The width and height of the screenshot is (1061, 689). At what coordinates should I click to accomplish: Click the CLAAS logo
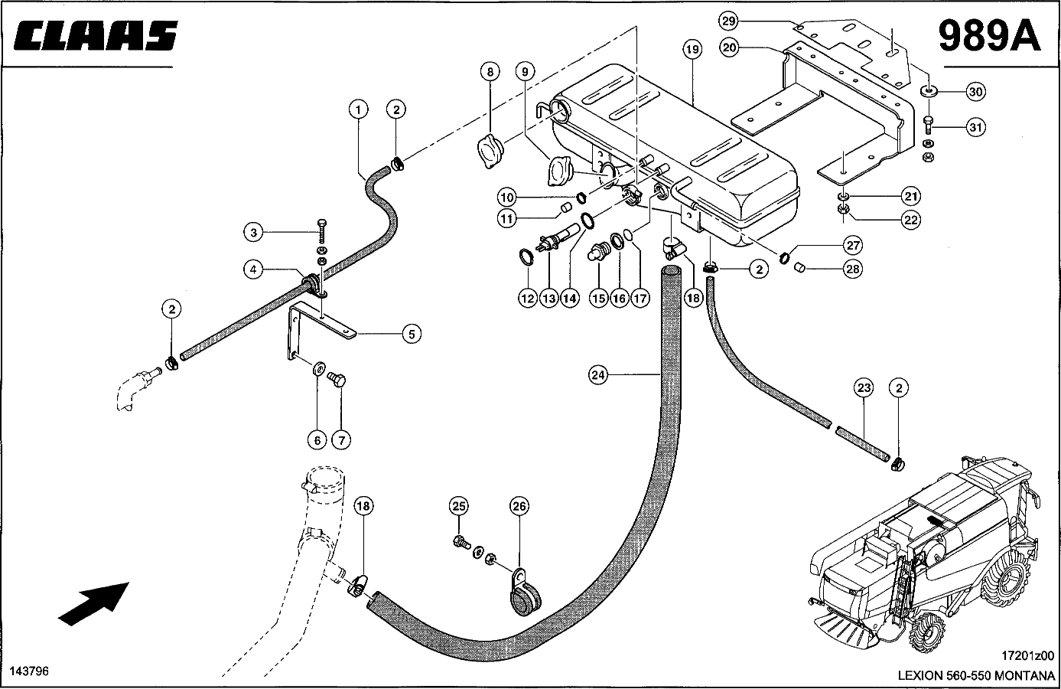(x=96, y=35)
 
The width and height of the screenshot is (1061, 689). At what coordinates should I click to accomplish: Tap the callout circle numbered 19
(x=692, y=49)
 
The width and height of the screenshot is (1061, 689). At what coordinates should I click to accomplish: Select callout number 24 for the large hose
(x=598, y=376)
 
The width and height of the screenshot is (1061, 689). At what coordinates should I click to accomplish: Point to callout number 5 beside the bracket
(x=412, y=335)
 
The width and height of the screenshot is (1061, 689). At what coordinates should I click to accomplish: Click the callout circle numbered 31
(x=976, y=128)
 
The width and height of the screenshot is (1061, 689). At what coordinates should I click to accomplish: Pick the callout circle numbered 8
(x=490, y=72)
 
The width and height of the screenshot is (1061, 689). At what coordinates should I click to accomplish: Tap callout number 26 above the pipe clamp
(x=519, y=507)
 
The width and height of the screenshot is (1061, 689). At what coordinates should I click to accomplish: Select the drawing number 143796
(x=29, y=671)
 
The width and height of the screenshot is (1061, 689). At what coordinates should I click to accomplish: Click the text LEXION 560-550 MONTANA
(x=976, y=675)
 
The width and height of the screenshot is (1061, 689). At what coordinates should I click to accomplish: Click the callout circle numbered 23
(x=864, y=388)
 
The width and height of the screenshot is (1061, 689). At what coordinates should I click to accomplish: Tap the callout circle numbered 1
(x=359, y=110)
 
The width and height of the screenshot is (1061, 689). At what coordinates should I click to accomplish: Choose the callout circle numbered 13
(x=549, y=299)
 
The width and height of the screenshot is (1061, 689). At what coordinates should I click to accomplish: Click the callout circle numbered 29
(x=728, y=21)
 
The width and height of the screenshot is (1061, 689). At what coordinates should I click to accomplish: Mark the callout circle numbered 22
(x=911, y=220)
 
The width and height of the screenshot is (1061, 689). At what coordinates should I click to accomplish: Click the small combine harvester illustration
(x=923, y=555)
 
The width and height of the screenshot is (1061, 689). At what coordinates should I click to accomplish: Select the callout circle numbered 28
(x=853, y=269)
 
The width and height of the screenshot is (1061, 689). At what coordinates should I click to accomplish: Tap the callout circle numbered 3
(x=253, y=233)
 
